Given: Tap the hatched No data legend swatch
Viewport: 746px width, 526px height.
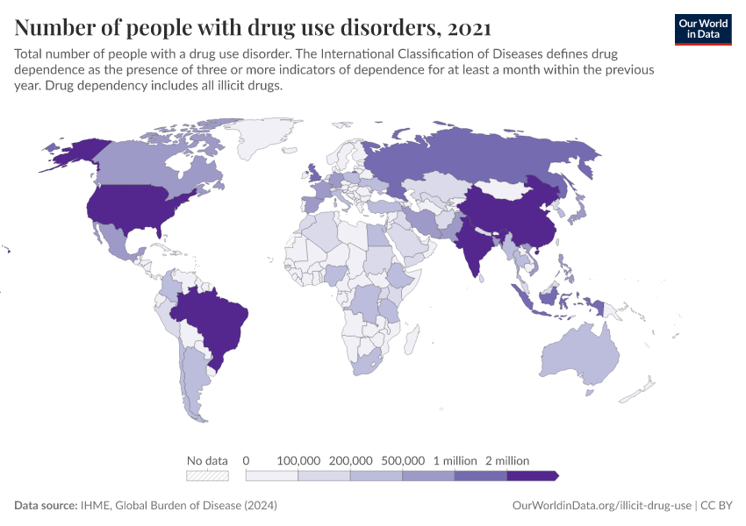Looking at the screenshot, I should coord(207,476).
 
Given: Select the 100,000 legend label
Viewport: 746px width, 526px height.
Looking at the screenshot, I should coord(298,460).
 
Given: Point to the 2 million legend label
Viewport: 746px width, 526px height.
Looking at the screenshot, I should coord(507,460).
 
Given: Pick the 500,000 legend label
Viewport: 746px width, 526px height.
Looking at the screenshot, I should coord(403,460).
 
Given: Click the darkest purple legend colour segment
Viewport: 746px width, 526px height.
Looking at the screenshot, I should coord(532,476).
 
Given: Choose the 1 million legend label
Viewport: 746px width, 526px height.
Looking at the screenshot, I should coord(455,460).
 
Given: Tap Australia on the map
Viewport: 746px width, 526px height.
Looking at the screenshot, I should coord(579,355).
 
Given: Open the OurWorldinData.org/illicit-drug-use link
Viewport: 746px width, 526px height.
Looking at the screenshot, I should coord(601,506).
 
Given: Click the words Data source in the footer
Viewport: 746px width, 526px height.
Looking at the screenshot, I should coord(45,506).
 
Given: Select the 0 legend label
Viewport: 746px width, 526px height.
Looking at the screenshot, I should coord(247,460).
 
